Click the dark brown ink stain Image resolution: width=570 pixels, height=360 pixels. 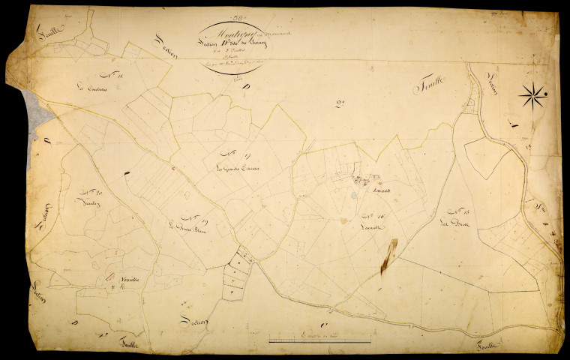(387, 259)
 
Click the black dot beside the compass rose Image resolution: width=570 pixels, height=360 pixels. (546, 94)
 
